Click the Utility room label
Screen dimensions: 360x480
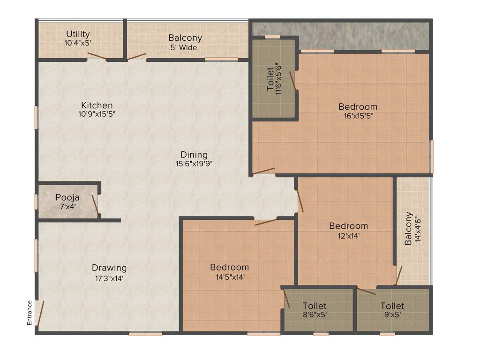78,34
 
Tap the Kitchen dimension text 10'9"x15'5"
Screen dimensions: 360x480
97,113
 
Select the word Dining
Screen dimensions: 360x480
194,155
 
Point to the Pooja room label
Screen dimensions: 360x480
67,197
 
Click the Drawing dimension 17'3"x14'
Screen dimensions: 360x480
109,277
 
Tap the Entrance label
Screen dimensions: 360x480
29,313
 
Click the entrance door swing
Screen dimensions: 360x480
40,313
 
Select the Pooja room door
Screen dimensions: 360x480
95,205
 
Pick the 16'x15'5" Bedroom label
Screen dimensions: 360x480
358,107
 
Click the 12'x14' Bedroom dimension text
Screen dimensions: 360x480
348,236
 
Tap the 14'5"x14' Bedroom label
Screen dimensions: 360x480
229,267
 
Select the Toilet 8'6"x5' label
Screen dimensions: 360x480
314,306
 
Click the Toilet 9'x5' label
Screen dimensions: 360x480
392,306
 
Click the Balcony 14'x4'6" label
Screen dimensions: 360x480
411,228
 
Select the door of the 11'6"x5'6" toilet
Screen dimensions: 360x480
293,81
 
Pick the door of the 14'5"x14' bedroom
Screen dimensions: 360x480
265,222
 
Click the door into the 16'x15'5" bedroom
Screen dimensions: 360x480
263,171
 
